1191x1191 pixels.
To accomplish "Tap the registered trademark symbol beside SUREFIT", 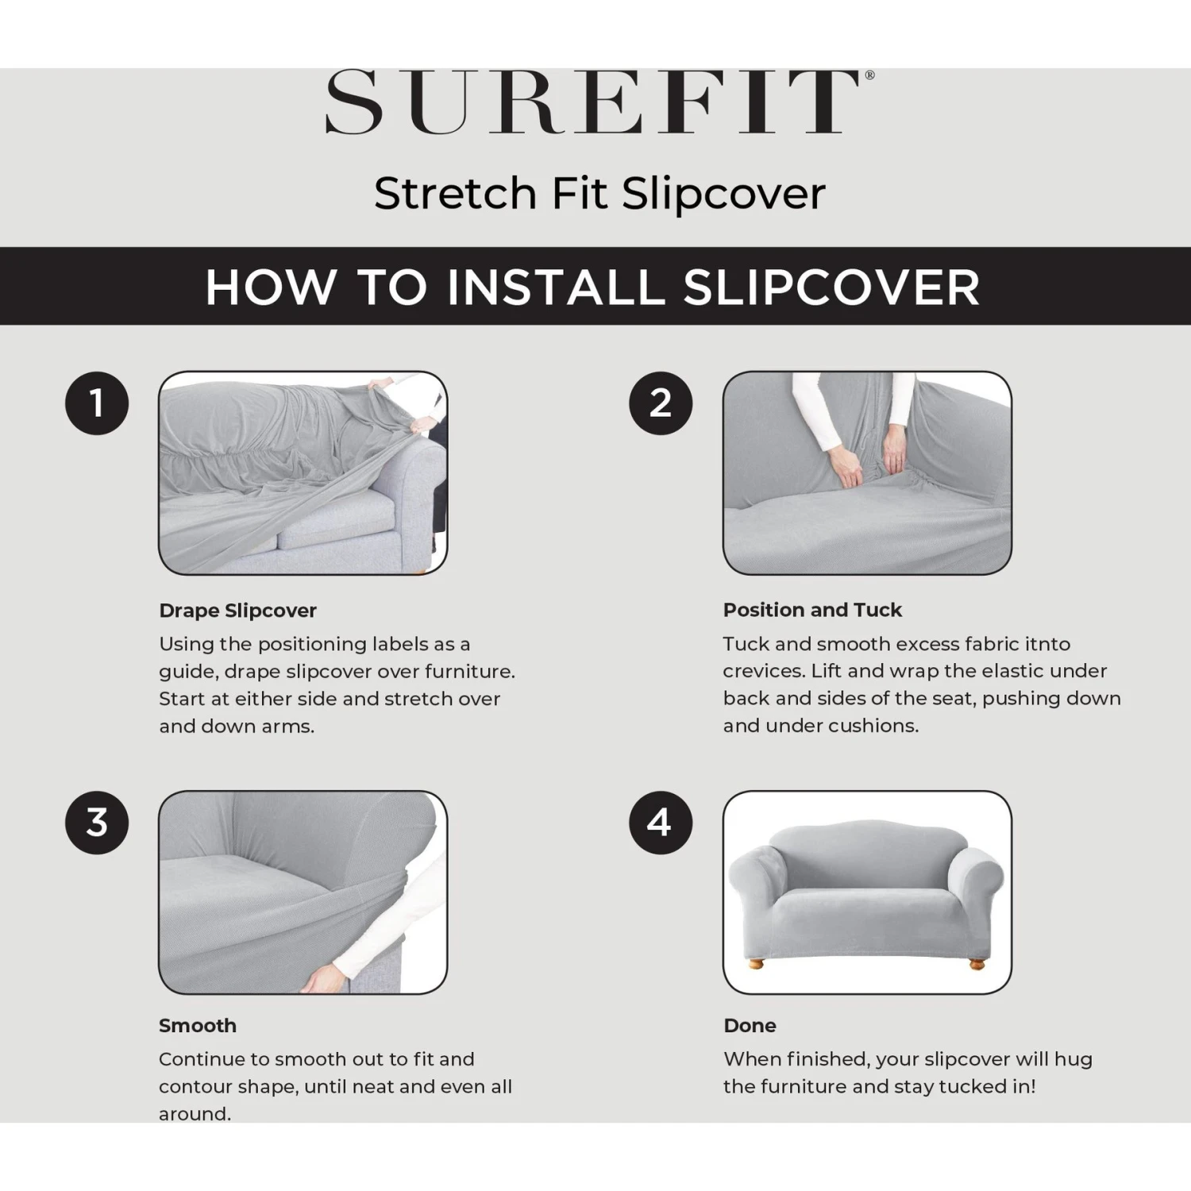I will click(x=869, y=75).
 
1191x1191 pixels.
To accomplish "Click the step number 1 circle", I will click(x=97, y=403).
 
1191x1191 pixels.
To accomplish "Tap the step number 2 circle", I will click(x=661, y=403).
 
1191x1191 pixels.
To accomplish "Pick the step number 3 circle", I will click(x=97, y=823).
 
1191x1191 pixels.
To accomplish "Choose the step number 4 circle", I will click(x=661, y=823).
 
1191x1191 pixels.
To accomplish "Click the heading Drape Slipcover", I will click(x=237, y=611).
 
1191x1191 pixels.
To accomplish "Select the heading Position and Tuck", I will click(x=812, y=610).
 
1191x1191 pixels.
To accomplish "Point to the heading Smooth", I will click(x=198, y=1025).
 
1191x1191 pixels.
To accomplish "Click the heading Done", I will click(x=750, y=1025).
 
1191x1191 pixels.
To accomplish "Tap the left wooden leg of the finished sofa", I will click(x=756, y=964).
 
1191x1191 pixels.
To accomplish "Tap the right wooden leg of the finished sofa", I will click(x=977, y=964).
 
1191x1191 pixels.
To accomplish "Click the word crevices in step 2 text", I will click(x=763, y=671).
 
